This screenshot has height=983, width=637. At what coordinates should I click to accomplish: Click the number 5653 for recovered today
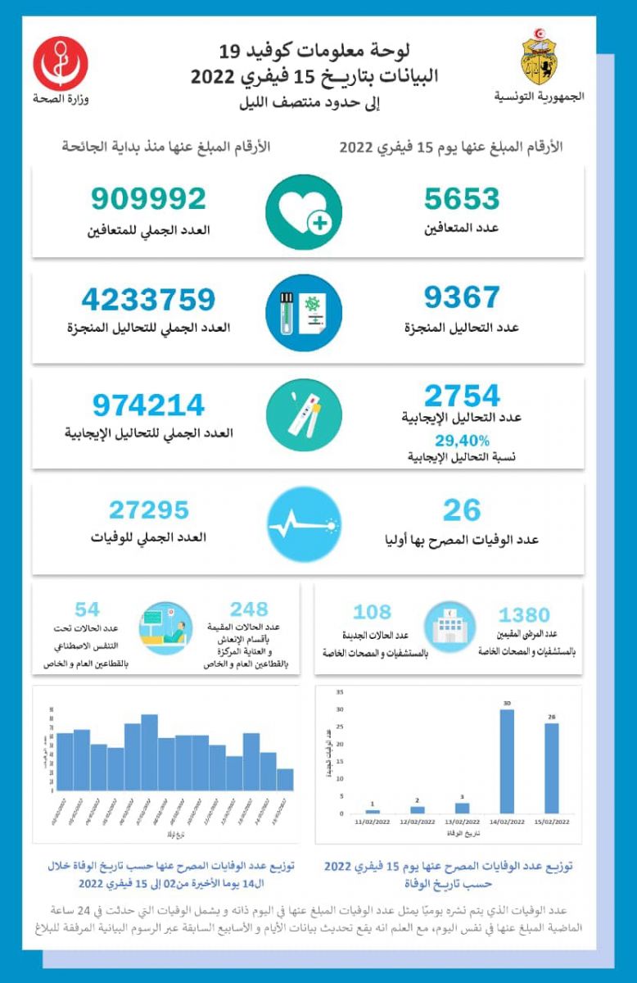click(462, 199)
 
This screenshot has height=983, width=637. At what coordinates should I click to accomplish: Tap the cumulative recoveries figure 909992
click(148, 199)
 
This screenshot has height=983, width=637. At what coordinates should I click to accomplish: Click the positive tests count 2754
click(462, 396)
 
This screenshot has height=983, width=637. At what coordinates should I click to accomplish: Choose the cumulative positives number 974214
click(148, 405)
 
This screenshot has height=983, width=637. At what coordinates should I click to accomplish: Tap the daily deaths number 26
click(462, 510)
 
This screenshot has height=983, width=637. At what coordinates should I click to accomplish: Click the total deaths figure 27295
click(148, 510)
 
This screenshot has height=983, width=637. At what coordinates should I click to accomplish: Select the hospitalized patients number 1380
click(524, 614)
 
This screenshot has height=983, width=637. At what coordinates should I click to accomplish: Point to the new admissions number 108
click(373, 612)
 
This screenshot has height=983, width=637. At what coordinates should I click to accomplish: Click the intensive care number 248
click(249, 609)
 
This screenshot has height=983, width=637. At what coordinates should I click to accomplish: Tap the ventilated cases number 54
click(88, 609)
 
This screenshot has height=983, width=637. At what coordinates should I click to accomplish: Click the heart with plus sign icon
click(304, 212)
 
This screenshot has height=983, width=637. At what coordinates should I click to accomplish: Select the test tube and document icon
click(304, 313)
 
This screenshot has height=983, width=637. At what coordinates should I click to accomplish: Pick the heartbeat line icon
click(304, 524)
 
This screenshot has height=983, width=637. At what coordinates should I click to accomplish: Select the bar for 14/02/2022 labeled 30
click(507, 761)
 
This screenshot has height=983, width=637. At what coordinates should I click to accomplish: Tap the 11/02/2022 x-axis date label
click(372, 821)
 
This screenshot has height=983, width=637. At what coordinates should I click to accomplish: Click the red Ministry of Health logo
click(61, 64)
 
